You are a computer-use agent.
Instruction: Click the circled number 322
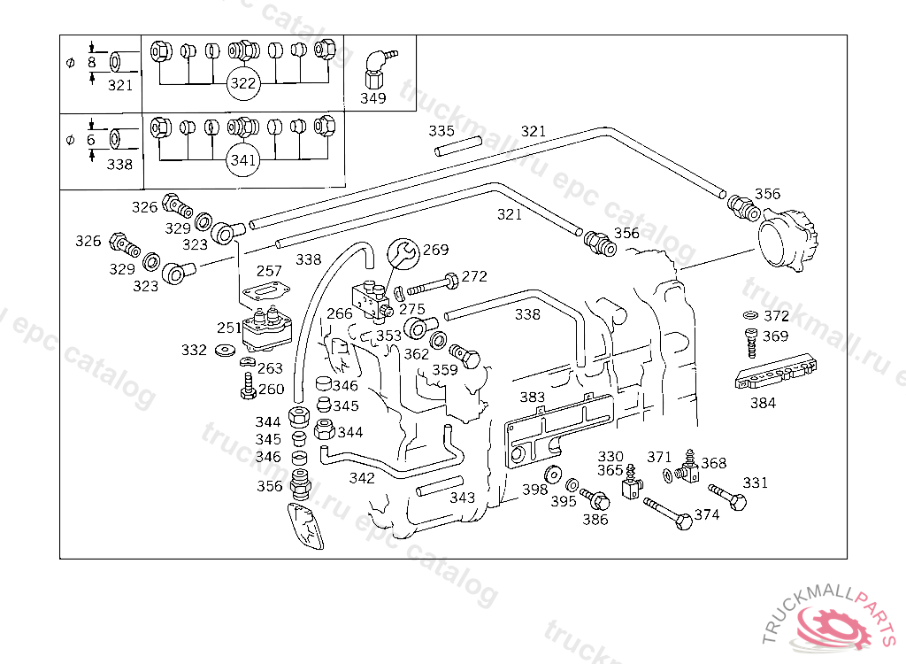(x=243, y=84)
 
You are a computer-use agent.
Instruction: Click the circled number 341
(x=243, y=160)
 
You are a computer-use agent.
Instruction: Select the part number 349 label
(x=372, y=98)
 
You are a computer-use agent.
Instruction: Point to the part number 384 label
(x=763, y=403)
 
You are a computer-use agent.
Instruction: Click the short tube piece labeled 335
(x=457, y=145)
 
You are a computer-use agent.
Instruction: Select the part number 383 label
(x=532, y=397)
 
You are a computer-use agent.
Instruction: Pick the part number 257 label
(x=269, y=271)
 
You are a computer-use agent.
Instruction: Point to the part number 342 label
(x=362, y=478)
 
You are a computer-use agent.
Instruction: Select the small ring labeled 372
(x=749, y=316)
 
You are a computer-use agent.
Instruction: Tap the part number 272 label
(x=474, y=276)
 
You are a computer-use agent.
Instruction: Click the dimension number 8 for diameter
(x=91, y=62)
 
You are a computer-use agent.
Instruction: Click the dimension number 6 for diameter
(x=91, y=140)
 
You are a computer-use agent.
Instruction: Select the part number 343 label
(x=463, y=498)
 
